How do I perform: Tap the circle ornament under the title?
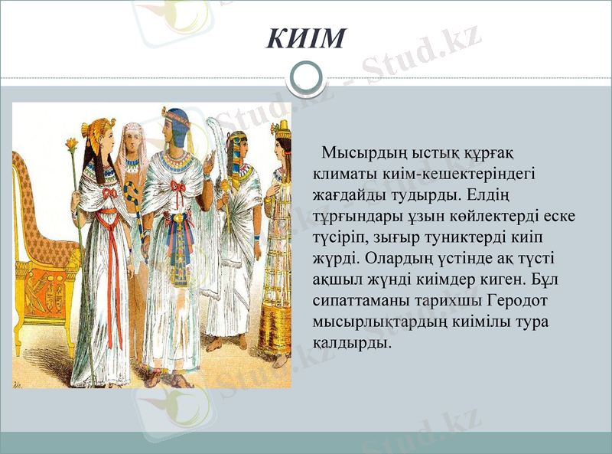tap(306, 77)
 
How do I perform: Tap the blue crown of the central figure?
tap(177, 126)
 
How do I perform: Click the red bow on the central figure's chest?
tap(178, 187)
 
